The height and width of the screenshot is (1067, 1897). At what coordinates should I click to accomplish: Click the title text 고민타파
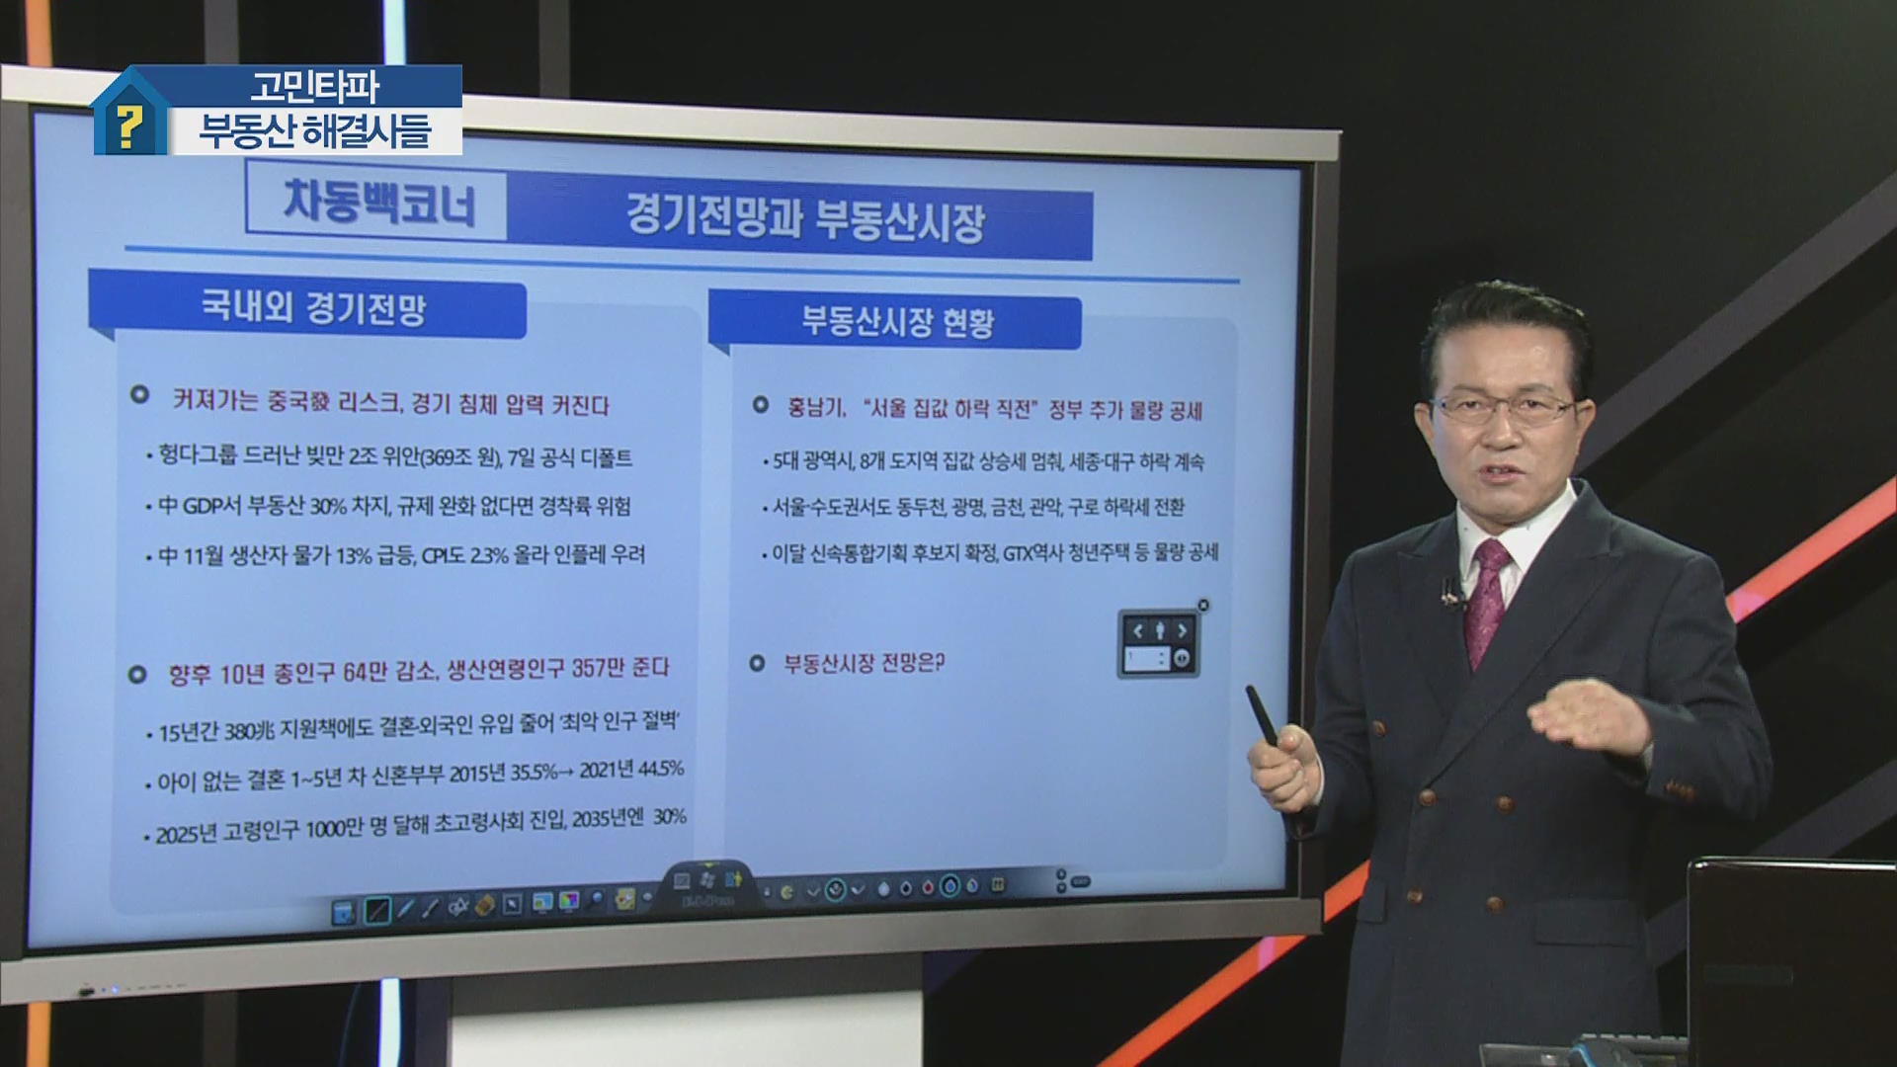click(x=314, y=87)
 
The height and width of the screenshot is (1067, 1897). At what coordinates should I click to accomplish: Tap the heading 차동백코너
click(x=379, y=204)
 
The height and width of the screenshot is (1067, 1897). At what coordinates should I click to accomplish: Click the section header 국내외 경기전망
click(x=313, y=307)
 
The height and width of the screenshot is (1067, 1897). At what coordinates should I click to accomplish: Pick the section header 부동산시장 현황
click(x=897, y=321)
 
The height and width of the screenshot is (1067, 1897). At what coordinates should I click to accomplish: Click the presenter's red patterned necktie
click(x=1487, y=602)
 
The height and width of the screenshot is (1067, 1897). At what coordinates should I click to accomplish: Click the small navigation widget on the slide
click(x=1159, y=643)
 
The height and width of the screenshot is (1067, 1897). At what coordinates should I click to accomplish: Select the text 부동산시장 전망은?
click(x=864, y=663)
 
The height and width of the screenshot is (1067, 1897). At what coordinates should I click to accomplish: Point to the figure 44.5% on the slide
click(x=661, y=769)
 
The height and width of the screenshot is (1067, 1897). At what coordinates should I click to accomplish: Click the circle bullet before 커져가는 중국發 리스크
click(x=139, y=394)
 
